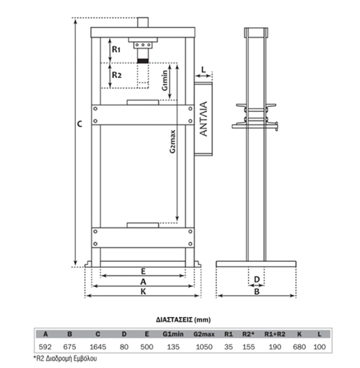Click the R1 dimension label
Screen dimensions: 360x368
116,49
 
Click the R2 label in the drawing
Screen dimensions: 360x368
116,75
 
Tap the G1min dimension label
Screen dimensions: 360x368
165,80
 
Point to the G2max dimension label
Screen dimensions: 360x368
173,141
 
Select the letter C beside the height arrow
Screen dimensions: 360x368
80,124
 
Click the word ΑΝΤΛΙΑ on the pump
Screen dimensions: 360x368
203,118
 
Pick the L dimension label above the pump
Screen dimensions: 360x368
204,70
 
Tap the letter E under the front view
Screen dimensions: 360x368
144,272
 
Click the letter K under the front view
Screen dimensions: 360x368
144,291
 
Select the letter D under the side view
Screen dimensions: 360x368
257,279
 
